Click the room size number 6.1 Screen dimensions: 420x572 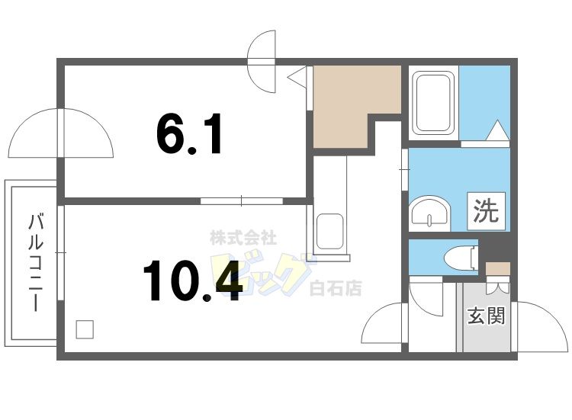coord(189,136)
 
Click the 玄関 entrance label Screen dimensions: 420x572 coord(486,315)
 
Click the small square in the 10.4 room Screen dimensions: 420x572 coord(85,329)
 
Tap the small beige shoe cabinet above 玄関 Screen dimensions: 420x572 coord(497,268)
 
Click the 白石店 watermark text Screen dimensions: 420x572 coord(336,288)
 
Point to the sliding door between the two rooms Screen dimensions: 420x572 coord(241,201)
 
